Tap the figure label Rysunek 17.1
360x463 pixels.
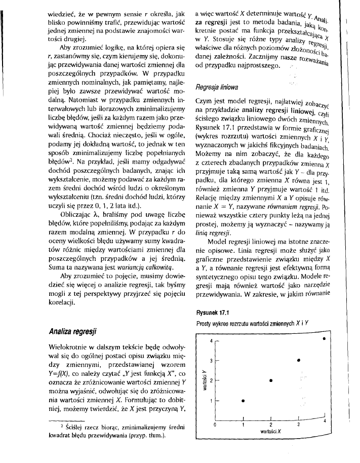(213, 313)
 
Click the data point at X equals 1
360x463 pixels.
(243, 401)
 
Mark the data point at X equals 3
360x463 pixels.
(299, 360)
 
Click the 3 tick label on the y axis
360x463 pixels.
(212, 361)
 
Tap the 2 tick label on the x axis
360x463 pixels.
(270, 424)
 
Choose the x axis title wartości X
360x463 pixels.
(270, 431)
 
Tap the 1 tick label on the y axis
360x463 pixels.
(212, 401)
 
